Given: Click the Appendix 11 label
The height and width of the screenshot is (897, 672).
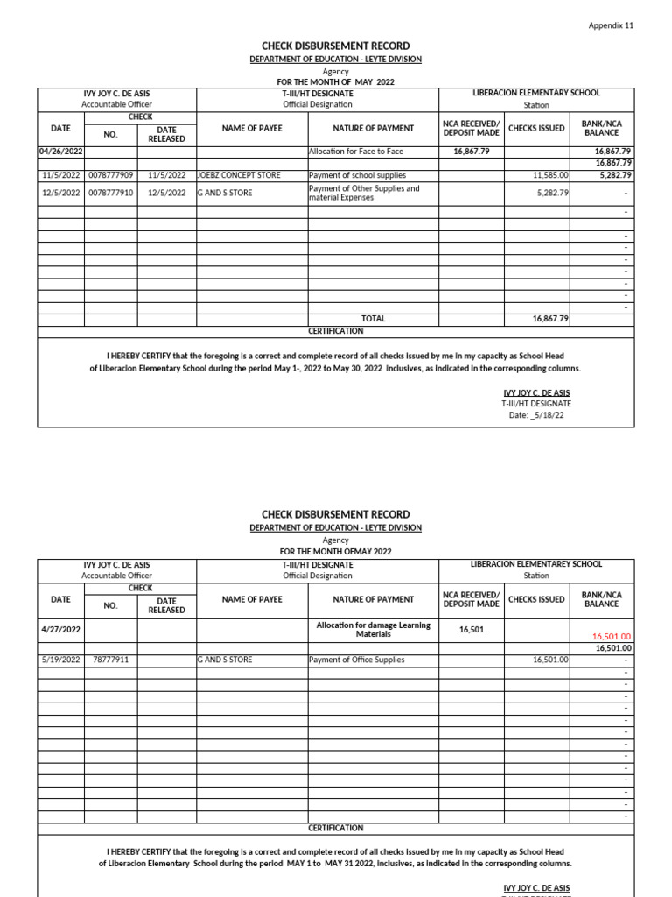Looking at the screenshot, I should [x=610, y=25].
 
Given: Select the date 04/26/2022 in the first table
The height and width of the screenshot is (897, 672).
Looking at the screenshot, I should [x=60, y=152].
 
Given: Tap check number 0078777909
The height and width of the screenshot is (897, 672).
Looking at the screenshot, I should [x=110, y=175].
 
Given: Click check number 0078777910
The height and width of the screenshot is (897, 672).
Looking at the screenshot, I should [x=110, y=193].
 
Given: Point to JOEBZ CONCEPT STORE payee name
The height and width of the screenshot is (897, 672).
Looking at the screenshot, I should [x=239, y=175].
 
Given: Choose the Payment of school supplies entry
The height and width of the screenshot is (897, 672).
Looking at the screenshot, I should [x=357, y=175].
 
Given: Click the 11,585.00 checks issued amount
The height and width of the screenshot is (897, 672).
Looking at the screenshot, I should [x=551, y=175].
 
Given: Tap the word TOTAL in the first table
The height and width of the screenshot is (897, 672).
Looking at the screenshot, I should [x=373, y=319].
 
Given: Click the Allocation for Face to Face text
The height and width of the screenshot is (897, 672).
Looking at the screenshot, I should [x=356, y=152].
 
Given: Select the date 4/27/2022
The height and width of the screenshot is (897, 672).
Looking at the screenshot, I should [x=60, y=629].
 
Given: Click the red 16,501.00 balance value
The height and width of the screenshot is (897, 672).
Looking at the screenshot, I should [x=612, y=637].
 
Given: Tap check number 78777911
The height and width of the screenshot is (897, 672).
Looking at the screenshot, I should [x=110, y=660].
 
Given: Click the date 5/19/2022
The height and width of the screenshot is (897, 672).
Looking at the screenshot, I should [x=60, y=660].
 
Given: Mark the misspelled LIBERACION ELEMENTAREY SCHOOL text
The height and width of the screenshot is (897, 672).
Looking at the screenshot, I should [x=536, y=564].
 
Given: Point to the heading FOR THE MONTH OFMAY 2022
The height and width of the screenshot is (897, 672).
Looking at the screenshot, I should [x=336, y=551].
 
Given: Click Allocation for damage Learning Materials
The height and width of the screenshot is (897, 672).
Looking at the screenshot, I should [x=373, y=629].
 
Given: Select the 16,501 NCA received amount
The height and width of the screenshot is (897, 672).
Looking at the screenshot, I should [x=472, y=629].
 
